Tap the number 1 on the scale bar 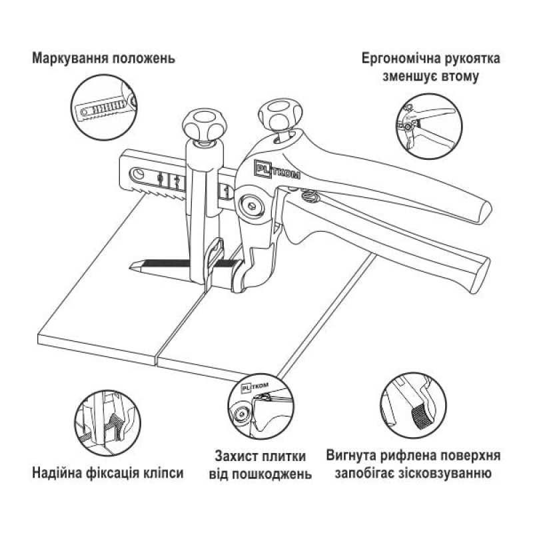pos(227,193)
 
